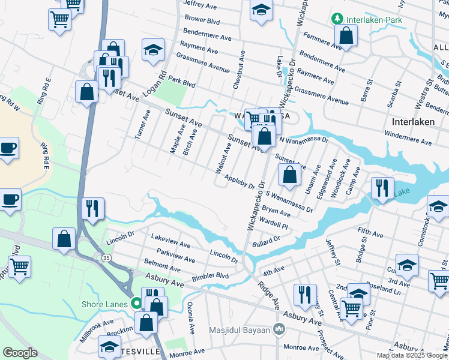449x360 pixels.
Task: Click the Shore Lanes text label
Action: coord(105,304)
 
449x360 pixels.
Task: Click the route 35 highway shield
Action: coord(106,257)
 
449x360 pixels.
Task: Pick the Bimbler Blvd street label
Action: coord(211,277)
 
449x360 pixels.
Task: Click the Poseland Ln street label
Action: coord(385,289)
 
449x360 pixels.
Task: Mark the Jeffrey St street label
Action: coord(333,250)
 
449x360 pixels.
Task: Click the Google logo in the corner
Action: coord(20,353)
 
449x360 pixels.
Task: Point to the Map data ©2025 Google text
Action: coord(412,355)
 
